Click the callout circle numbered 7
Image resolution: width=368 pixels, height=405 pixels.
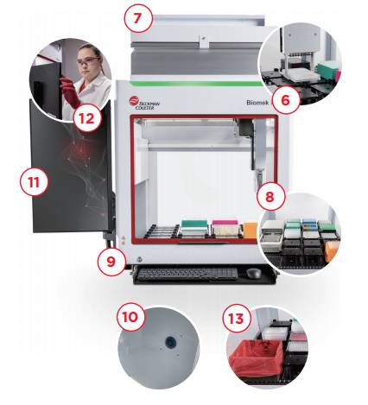coord(138,18)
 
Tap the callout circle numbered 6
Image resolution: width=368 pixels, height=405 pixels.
coord(285,100)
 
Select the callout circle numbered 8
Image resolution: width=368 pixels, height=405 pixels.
coord(270,197)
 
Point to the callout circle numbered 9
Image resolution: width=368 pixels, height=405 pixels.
coord(111,261)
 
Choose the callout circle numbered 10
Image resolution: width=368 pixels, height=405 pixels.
coord(130,317)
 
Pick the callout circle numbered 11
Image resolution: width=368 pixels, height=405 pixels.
coord(34,182)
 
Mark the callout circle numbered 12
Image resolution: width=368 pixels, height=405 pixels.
coord(87,117)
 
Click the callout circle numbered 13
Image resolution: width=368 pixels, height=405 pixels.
coord(237,318)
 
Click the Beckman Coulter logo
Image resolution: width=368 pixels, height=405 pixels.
coord(144,103)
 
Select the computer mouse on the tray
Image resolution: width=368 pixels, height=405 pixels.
coord(253,273)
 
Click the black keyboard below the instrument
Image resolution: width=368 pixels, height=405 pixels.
coord(187,274)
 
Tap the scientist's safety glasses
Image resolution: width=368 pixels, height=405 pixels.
coord(88,61)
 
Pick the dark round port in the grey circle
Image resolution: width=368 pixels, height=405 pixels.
coord(170,342)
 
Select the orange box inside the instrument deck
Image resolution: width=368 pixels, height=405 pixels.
coord(251,230)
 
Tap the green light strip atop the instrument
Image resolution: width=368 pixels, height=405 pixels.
coord(196,84)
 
